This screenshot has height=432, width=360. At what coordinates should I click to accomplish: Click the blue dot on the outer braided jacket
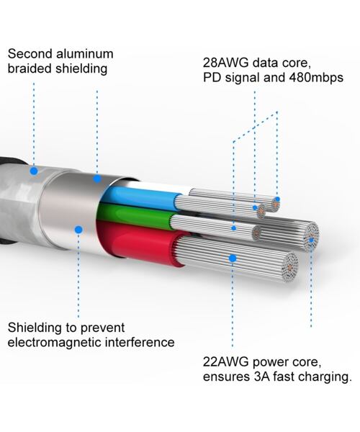click(x=33, y=171)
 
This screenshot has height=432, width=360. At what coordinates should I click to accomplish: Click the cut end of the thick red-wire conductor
click(x=289, y=265)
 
